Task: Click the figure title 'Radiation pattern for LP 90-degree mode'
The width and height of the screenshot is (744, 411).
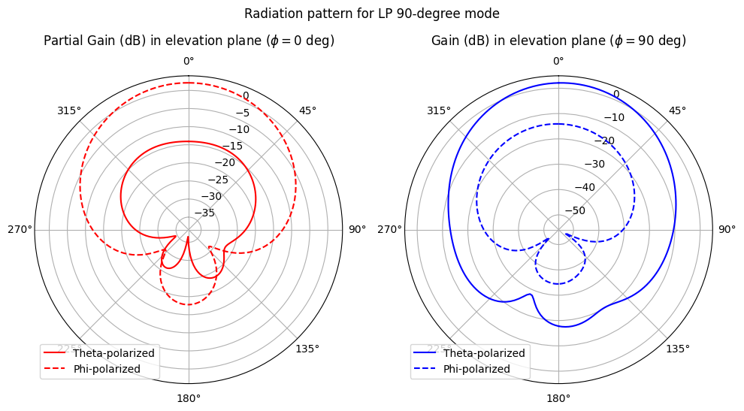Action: tap(372, 14)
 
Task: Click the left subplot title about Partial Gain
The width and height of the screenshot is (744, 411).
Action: tap(189, 41)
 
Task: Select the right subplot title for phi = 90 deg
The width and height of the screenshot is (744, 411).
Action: tap(558, 41)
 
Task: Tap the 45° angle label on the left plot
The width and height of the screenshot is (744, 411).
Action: tap(307, 110)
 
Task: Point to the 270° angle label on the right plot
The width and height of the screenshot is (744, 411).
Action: tap(389, 230)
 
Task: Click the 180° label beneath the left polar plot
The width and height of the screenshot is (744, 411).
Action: tap(188, 398)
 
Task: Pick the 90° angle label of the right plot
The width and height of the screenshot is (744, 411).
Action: tap(726, 230)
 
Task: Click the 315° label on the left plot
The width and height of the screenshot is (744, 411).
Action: tap(68, 110)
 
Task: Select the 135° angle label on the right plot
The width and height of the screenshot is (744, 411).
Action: tap(677, 349)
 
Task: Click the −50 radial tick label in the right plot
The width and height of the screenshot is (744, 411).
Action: tap(574, 210)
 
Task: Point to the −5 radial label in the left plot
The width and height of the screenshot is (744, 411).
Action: tap(242, 113)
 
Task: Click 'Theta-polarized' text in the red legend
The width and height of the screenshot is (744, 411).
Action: tap(113, 353)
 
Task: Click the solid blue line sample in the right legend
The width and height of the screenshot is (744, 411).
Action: tap(425, 353)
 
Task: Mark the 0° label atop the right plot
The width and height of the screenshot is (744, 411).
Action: tap(558, 61)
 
